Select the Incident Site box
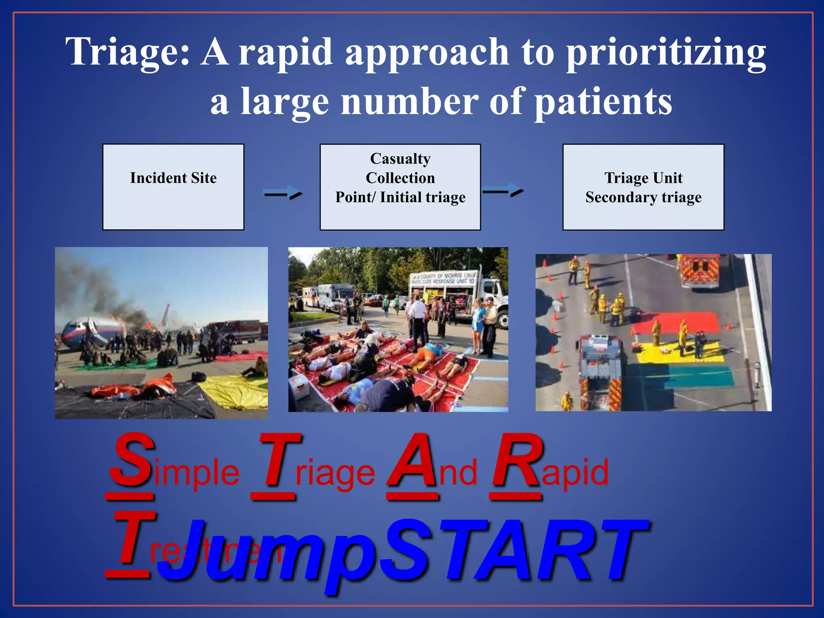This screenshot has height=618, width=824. [x=173, y=187]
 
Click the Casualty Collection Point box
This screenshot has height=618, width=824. [x=400, y=187]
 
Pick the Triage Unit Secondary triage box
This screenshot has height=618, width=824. [x=643, y=187]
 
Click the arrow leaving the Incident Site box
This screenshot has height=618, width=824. [x=283, y=193]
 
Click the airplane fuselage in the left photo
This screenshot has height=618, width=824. [x=91, y=330]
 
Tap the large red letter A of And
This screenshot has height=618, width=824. [x=412, y=463]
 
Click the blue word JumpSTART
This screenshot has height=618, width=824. [x=402, y=551]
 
